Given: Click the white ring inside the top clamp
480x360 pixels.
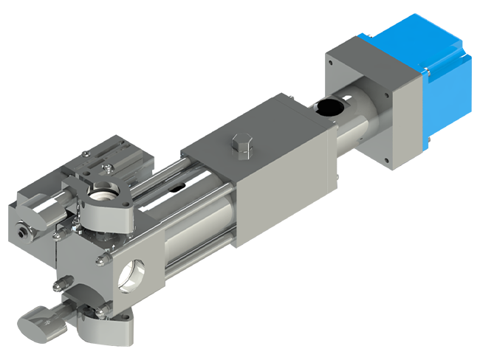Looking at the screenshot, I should pyautogui.click(x=100, y=193).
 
